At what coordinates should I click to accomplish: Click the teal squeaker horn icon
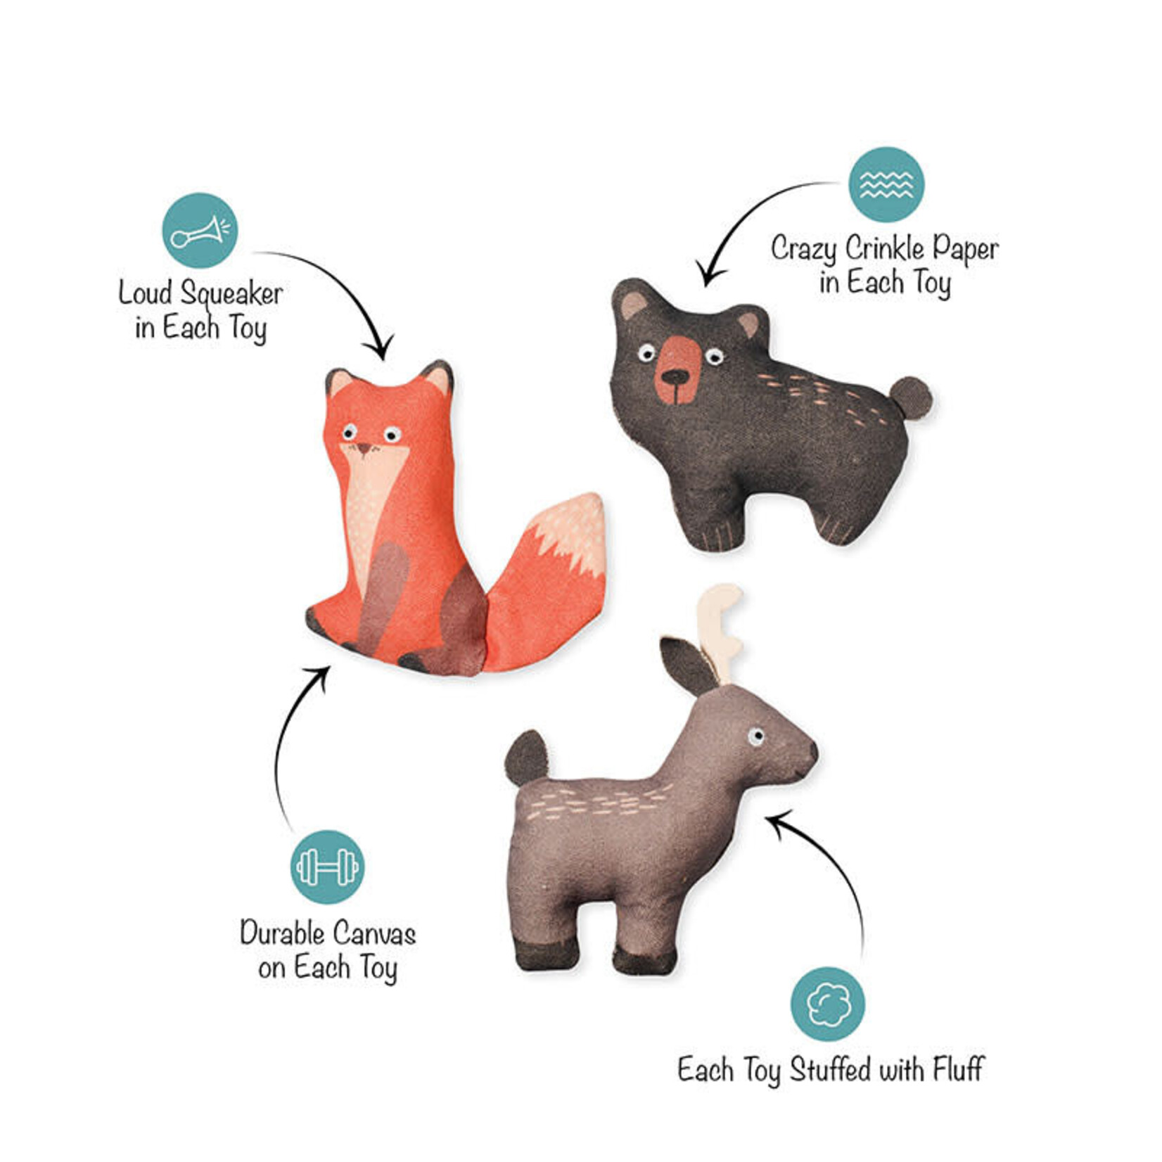(x=200, y=230)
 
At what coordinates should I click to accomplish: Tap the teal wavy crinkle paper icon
(x=886, y=184)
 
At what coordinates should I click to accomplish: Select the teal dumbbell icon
(x=328, y=867)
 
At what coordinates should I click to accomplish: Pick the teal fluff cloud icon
(x=828, y=1004)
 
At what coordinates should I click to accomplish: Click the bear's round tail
(x=912, y=398)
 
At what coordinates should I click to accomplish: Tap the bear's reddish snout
(x=676, y=370)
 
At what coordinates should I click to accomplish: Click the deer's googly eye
(x=755, y=737)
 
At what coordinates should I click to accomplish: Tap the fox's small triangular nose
(x=364, y=448)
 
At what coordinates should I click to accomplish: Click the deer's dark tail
(x=526, y=758)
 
